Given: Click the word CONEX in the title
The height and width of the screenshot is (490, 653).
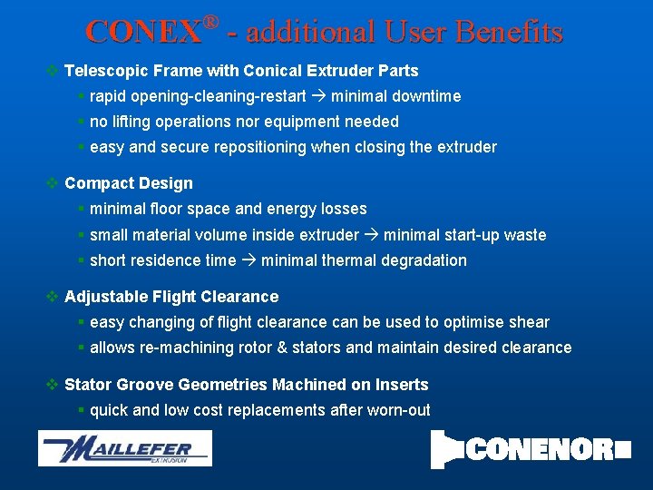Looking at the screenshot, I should click(142, 33).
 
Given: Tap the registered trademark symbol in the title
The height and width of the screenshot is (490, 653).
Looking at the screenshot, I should click(211, 21).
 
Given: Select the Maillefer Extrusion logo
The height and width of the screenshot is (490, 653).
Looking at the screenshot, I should click(124, 448).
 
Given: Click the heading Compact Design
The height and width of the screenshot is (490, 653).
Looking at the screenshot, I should click(129, 183).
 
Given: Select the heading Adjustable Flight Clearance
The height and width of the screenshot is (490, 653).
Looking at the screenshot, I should click(171, 297).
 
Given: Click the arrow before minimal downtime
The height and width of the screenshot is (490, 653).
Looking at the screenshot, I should click(318, 96).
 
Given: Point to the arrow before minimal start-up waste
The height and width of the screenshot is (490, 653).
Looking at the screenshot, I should click(371, 235).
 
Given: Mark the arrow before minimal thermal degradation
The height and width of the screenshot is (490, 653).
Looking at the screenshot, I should click(249, 260).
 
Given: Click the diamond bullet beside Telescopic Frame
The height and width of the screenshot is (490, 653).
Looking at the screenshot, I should click(53, 71).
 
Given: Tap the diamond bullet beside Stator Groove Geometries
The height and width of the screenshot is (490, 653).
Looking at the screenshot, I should click(53, 385).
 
